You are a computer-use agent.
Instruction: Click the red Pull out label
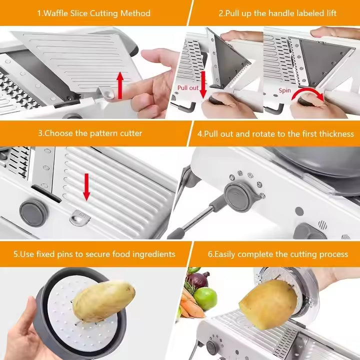click(x=188, y=88)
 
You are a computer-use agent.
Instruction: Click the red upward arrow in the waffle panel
click(x=120, y=85)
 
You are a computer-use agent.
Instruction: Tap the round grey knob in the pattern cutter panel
click(x=33, y=213)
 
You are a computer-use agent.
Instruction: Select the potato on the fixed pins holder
click(x=103, y=300)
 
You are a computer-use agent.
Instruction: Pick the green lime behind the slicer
click(x=205, y=298)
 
